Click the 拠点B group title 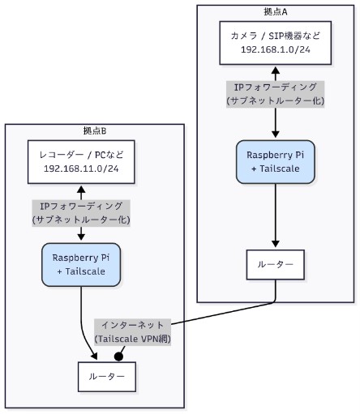(x=94, y=130)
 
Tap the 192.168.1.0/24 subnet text (x=276, y=51)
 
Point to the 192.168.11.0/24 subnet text (x=80, y=169)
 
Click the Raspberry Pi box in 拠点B (x=81, y=263)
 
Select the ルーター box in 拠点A (x=276, y=265)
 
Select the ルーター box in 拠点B (x=106, y=376)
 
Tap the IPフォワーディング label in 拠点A (x=276, y=93)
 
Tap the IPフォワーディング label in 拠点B (x=80, y=212)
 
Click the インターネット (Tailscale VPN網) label (x=133, y=331)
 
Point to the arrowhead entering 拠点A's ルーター (x=276, y=246)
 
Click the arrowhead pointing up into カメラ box (x=276, y=70)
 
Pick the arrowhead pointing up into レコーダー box (x=80, y=188)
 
